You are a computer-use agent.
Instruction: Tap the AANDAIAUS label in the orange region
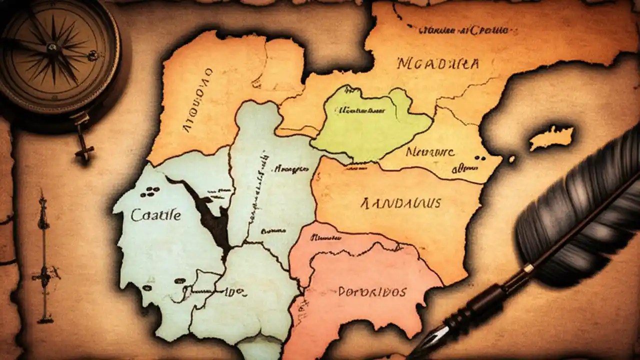[x=400, y=202]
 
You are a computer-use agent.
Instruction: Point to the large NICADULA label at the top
[x=438, y=64]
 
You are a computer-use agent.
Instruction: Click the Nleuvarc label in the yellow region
[x=430, y=151]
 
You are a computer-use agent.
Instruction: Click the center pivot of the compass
[x=52, y=47]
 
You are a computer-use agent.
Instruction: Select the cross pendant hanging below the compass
[x=84, y=148]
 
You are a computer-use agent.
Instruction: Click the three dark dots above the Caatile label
[x=150, y=191]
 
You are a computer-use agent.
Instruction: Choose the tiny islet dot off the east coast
[x=511, y=159]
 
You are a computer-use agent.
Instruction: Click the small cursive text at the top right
[x=464, y=30]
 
